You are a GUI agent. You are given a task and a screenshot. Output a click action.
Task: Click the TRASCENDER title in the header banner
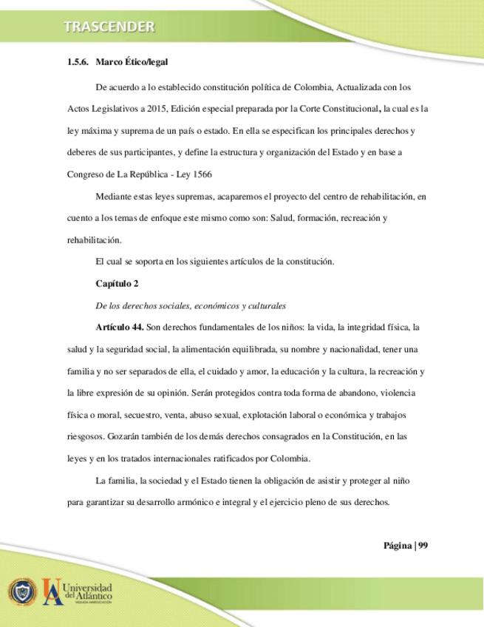click(109, 27)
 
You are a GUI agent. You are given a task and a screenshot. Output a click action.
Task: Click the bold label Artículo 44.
click(119, 327)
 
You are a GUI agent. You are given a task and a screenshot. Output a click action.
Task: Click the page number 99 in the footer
click(423, 546)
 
